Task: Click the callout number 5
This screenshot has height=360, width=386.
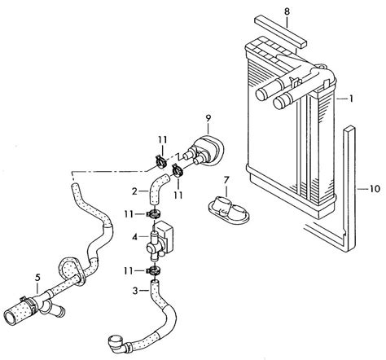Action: click(x=37, y=278)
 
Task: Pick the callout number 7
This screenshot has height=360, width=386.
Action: click(x=227, y=178)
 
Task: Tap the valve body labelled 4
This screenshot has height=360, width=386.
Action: click(x=163, y=237)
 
